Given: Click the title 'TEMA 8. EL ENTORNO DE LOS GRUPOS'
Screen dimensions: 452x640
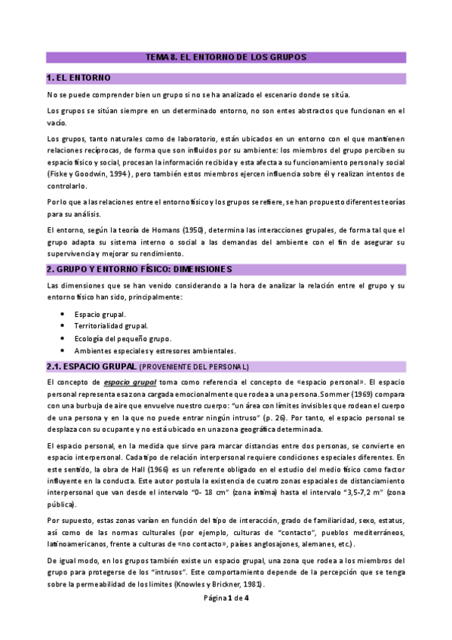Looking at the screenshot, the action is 226,57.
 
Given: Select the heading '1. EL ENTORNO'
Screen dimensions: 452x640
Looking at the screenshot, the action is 78,78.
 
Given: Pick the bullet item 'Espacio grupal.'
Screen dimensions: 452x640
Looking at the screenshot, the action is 100,314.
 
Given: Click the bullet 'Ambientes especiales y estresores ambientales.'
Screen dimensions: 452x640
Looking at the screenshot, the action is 155,350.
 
